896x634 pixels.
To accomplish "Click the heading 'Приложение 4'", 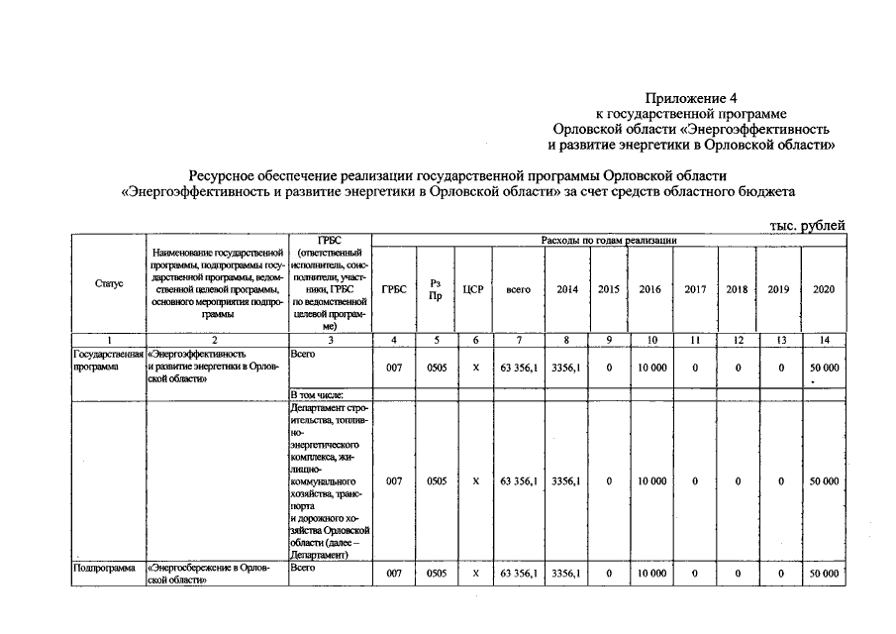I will [x=692, y=98].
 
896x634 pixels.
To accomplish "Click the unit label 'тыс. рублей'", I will [x=807, y=225].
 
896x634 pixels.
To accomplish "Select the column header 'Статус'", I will [x=109, y=283].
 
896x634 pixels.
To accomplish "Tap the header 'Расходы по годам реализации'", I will [x=609, y=241].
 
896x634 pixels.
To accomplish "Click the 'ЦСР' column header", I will [x=472, y=289].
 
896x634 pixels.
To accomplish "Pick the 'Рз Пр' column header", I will [x=436, y=289].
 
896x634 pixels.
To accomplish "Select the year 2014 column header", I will [x=567, y=289].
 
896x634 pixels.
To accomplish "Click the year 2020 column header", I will [x=823, y=289].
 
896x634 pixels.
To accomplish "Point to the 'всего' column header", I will [x=519, y=289].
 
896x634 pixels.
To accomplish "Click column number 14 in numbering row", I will [x=823, y=340].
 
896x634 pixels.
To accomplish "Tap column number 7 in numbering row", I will [x=519, y=340].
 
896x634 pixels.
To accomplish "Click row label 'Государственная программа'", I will [x=108, y=359].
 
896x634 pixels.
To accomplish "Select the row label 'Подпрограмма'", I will [x=104, y=569].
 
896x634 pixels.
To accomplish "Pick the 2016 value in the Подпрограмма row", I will [x=651, y=575].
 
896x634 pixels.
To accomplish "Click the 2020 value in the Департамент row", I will [x=823, y=481].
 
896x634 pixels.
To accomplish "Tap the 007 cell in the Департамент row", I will [x=394, y=481].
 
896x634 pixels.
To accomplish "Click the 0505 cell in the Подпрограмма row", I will [x=436, y=575].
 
